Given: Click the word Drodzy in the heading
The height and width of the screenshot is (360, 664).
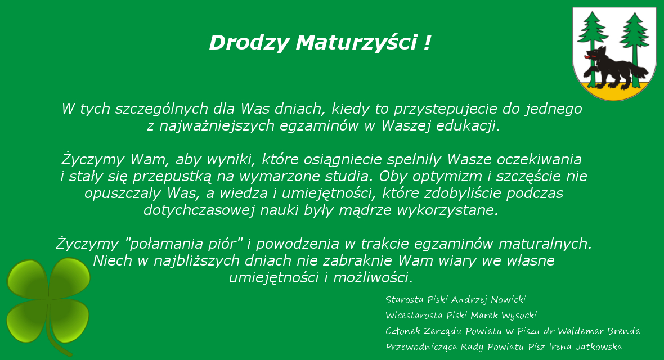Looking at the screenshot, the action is click(x=249, y=43).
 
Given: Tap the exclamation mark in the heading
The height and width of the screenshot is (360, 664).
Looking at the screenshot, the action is click(x=427, y=42).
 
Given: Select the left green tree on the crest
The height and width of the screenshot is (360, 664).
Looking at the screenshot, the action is click(x=593, y=42).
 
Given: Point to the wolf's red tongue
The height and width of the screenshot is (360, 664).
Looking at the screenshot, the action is click(x=588, y=56).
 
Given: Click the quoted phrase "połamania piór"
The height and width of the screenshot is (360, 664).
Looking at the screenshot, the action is click(x=184, y=244).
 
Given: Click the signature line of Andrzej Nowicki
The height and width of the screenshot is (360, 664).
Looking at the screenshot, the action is click(x=456, y=300).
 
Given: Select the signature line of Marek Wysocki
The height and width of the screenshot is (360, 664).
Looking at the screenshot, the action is click(x=461, y=316).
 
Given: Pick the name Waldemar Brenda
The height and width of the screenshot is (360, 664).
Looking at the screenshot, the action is click(x=598, y=331).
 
